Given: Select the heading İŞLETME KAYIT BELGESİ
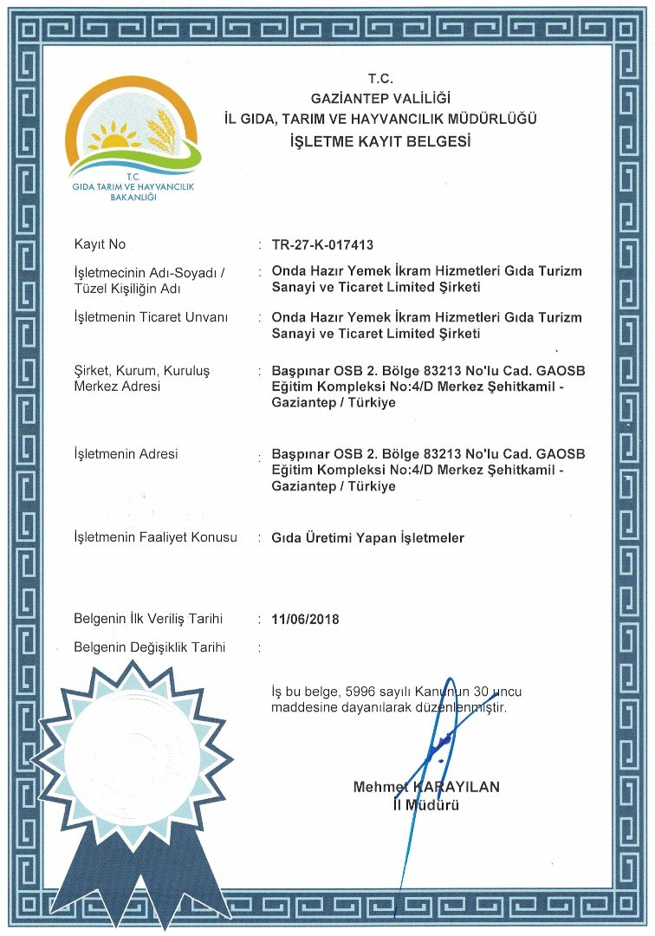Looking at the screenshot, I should point(380,140).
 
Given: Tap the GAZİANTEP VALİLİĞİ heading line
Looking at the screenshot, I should point(380,98).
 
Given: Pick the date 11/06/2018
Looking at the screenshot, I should point(305,619).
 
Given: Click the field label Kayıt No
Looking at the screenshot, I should point(100,244).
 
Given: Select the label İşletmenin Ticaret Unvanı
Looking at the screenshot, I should point(152,318).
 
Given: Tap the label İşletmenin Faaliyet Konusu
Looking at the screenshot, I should point(155,537).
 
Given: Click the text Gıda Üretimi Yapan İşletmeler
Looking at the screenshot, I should point(367,538).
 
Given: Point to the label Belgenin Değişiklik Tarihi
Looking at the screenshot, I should point(150,647).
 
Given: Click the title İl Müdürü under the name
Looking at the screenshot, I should point(425,805).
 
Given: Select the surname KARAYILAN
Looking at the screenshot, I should point(457,787).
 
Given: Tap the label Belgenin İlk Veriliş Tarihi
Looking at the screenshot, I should point(148,619).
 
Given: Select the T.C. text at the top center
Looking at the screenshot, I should point(380,79).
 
